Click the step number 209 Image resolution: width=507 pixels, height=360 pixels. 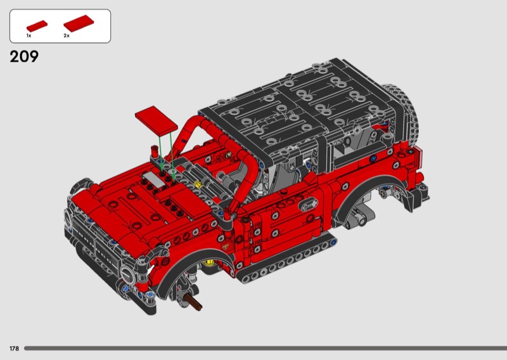pos(24,56)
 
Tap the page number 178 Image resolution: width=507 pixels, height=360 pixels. pos(14,349)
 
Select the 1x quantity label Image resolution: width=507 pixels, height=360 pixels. pos(29,35)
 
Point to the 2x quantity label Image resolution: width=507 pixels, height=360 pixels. pos(67,35)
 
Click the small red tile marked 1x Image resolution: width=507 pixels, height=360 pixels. pos(37,26)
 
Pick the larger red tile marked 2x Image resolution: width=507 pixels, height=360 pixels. pos(79,23)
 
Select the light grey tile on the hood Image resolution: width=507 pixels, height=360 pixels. pos(154,178)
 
